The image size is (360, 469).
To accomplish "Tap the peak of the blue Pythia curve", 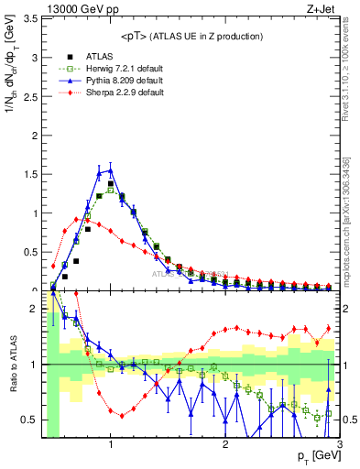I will point(111,170).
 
